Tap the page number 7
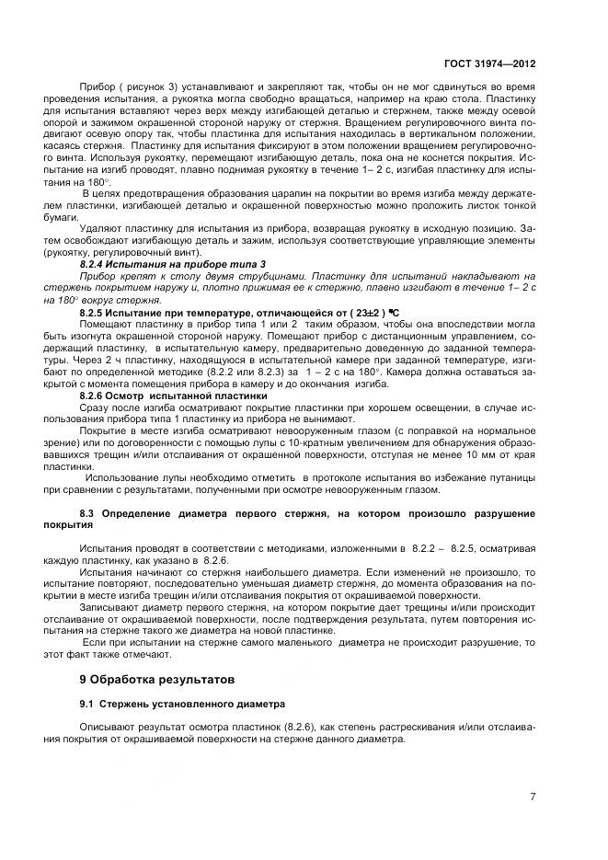click(x=533, y=796)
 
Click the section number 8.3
click(x=88, y=511)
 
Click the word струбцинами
click(x=275, y=275)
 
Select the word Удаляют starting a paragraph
click(x=101, y=227)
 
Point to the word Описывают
click(x=108, y=727)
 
